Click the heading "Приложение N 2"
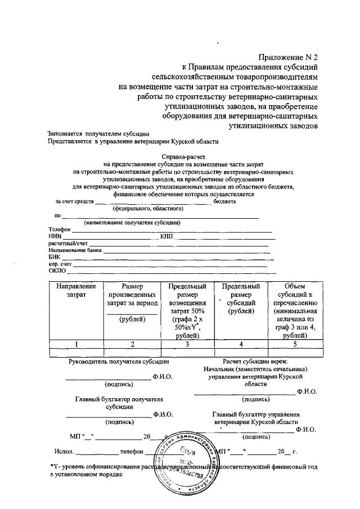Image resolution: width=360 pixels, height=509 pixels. pyautogui.click(x=288, y=57)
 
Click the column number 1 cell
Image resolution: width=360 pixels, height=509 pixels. pyautogui.click(x=76, y=344)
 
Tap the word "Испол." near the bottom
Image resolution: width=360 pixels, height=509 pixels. pyautogui.click(x=64, y=452)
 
